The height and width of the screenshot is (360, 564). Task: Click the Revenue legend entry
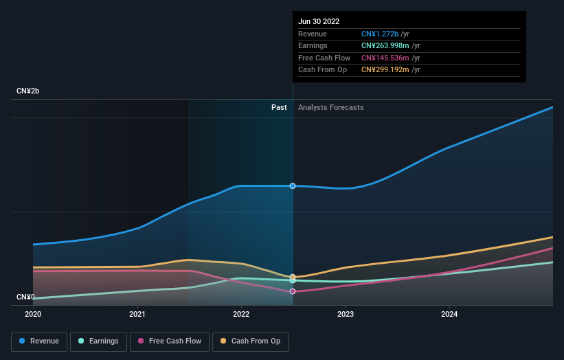[39, 341]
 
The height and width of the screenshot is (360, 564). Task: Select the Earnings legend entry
[98, 341]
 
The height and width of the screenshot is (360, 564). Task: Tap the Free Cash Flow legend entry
[169, 341]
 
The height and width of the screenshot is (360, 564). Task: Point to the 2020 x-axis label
[33, 314]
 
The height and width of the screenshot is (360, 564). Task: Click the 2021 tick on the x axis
[137, 314]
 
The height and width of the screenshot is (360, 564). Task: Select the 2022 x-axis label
[241, 314]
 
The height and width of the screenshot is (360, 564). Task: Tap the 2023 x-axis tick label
[346, 314]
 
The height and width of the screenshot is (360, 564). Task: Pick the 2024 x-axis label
[449, 314]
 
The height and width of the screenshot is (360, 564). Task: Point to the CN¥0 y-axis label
[26, 297]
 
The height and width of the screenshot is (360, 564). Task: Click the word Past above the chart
[279, 107]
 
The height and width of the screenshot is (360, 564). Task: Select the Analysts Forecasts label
[331, 107]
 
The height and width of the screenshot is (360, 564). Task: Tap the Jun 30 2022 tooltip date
[319, 21]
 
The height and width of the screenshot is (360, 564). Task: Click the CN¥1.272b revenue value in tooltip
[385, 34]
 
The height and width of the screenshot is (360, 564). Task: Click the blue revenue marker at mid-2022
[293, 186]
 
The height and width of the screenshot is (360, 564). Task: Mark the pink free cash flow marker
[293, 291]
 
